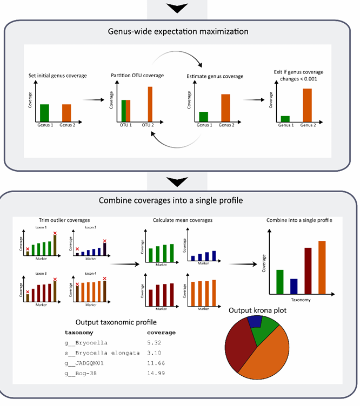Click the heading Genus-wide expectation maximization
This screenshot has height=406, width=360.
click(x=178, y=31)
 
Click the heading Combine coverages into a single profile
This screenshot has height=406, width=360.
click(x=178, y=200)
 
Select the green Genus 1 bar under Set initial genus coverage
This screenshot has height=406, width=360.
click(x=44, y=113)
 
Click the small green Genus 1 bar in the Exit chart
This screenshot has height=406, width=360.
click(x=285, y=118)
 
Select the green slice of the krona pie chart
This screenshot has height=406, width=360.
click(x=268, y=330)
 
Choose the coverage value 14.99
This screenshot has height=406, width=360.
click(x=157, y=373)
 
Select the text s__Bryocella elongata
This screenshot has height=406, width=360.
click(x=101, y=353)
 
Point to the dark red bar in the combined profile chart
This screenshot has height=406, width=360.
click(x=308, y=270)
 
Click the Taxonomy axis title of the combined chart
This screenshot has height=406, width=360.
click(x=300, y=299)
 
